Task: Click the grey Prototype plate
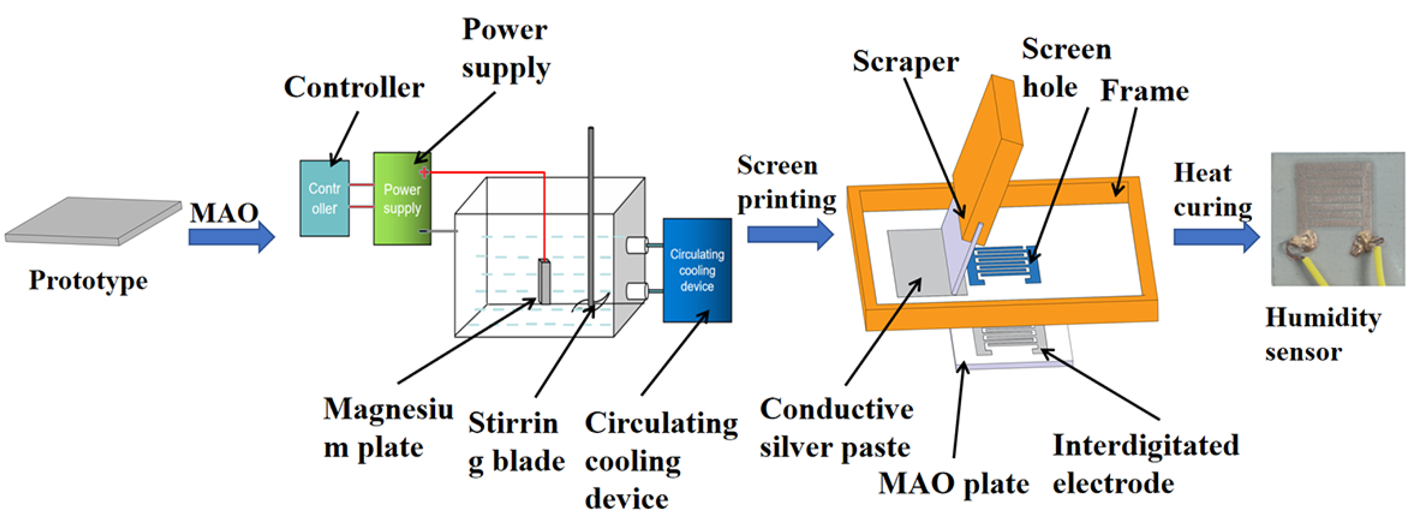(x=94, y=221)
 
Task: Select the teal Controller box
(x=324, y=199)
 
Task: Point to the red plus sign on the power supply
(x=424, y=173)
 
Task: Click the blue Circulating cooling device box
(x=697, y=270)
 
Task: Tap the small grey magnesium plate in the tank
(x=544, y=281)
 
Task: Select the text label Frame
(x=1144, y=91)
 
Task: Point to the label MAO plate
(x=954, y=484)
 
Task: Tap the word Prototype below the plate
(x=88, y=281)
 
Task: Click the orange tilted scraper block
(x=989, y=155)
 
